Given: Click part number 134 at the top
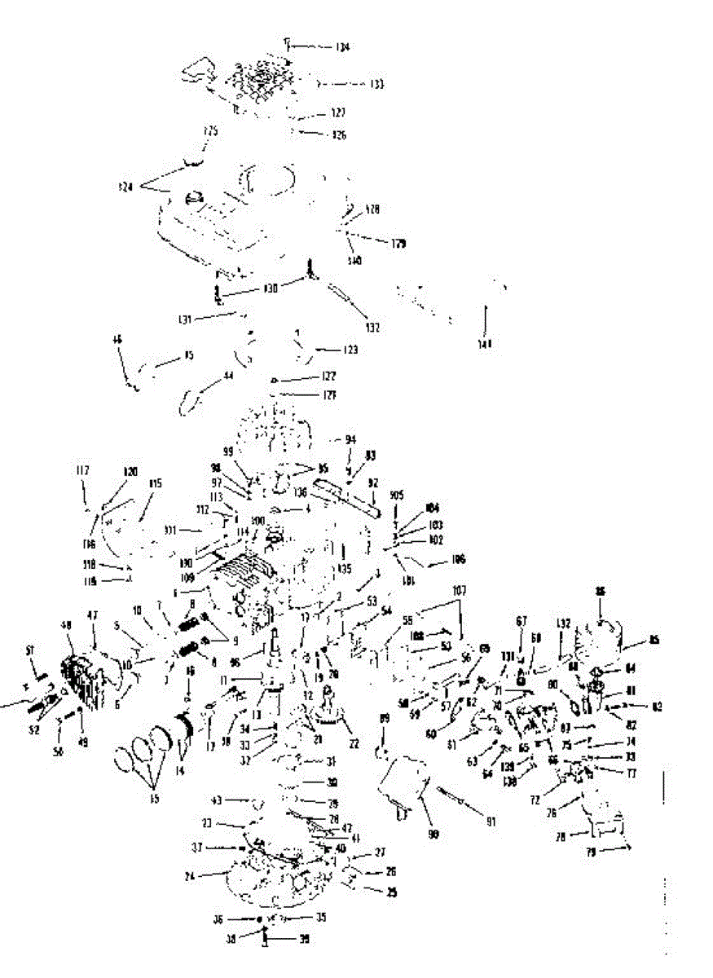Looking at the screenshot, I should coord(342,47).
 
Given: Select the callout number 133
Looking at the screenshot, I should coord(376,84).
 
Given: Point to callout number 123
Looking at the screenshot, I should coord(350,350).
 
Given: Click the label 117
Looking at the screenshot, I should coord(83,470).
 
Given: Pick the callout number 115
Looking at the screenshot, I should coord(156,483).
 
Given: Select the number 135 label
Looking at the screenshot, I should coord(345,569).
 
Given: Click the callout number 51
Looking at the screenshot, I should coord(30,650).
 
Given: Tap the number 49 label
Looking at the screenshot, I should coord(82,742).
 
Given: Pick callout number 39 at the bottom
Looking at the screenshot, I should coord(304,939).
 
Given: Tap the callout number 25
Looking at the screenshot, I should coord(392,892).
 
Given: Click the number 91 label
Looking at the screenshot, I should coord(491,822).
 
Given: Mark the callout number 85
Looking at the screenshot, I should coord(654,641).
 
